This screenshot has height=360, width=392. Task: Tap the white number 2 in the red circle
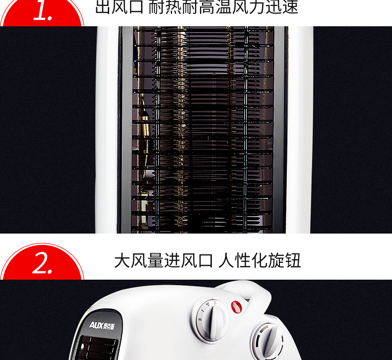click(x=42, y=263)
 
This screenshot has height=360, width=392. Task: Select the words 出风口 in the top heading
click(x=120, y=7)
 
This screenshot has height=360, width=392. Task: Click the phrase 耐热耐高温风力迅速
click(x=223, y=7)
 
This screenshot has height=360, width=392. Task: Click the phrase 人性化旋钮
click(x=260, y=260)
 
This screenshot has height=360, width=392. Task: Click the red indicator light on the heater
click(x=236, y=307)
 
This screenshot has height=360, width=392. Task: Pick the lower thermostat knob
click(x=268, y=340)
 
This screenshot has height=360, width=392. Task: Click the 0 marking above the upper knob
click(x=215, y=302)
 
